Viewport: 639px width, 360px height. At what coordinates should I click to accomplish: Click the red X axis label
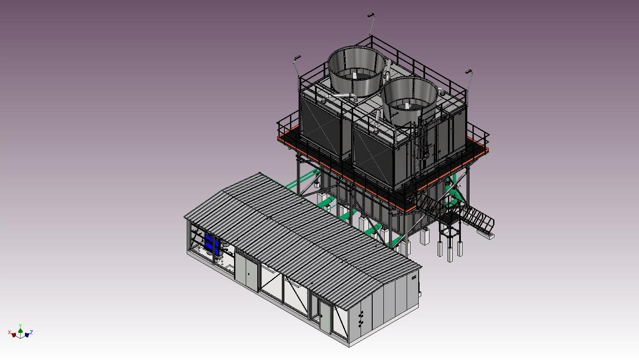click(9, 332)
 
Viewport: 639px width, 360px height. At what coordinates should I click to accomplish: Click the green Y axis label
click(20, 326)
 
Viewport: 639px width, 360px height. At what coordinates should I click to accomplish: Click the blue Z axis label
click(31, 332)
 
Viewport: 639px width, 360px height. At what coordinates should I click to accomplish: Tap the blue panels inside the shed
click(212, 244)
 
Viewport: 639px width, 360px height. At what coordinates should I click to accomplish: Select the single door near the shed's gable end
click(325, 316)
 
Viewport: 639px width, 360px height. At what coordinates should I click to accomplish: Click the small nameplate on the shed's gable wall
click(414, 277)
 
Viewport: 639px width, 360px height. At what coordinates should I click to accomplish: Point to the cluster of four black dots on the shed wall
click(361, 318)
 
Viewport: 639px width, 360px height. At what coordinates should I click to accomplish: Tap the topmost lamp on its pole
click(370, 15)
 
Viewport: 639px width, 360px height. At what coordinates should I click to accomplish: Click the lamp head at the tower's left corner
click(297, 58)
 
